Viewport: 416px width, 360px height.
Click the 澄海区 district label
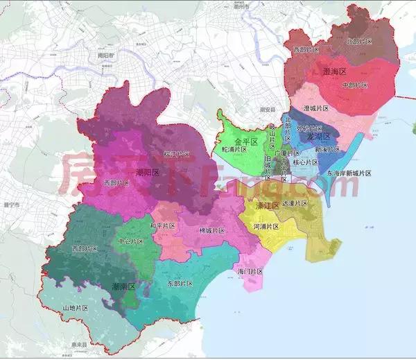pyautogui.click(x=336, y=71)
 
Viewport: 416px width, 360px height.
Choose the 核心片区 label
pyautogui.click(x=305, y=162)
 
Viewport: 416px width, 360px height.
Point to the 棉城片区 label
pyautogui.click(x=211, y=230)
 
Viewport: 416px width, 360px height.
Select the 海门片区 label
pyautogui.click(x=250, y=271)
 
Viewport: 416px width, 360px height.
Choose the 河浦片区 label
pyautogui.click(x=265, y=227)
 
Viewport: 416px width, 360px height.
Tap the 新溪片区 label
pyautogui.click(x=327, y=149)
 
